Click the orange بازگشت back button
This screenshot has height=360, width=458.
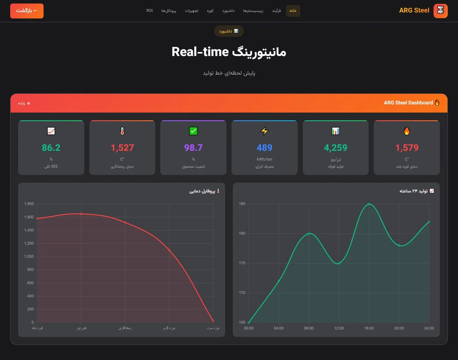click(x=27, y=11)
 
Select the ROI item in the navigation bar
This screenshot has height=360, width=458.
click(x=150, y=10)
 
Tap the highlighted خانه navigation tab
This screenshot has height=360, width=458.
click(x=293, y=11)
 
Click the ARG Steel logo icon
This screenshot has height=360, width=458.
click(x=441, y=11)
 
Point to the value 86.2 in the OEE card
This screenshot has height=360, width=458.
click(x=51, y=148)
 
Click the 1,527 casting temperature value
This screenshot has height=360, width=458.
click(x=122, y=148)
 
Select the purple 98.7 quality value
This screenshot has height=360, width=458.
click(x=193, y=148)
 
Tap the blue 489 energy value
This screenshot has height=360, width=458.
click(x=265, y=148)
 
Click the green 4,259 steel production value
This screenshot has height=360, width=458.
click(x=336, y=148)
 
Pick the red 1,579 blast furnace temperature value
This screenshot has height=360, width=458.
click(x=407, y=148)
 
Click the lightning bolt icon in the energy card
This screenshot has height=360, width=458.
click(x=265, y=131)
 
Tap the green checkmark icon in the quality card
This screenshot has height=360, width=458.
click(x=193, y=131)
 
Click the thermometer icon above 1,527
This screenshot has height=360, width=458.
click(x=122, y=131)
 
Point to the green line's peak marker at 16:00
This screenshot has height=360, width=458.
click(x=369, y=204)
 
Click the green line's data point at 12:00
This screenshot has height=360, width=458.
click(x=339, y=263)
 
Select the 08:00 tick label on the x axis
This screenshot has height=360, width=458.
click(x=309, y=328)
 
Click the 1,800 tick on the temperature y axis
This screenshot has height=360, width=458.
click(x=29, y=204)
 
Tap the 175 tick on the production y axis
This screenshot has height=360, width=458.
click(x=242, y=263)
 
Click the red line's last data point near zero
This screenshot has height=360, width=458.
click(x=213, y=321)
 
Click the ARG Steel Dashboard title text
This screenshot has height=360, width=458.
click(x=408, y=103)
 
